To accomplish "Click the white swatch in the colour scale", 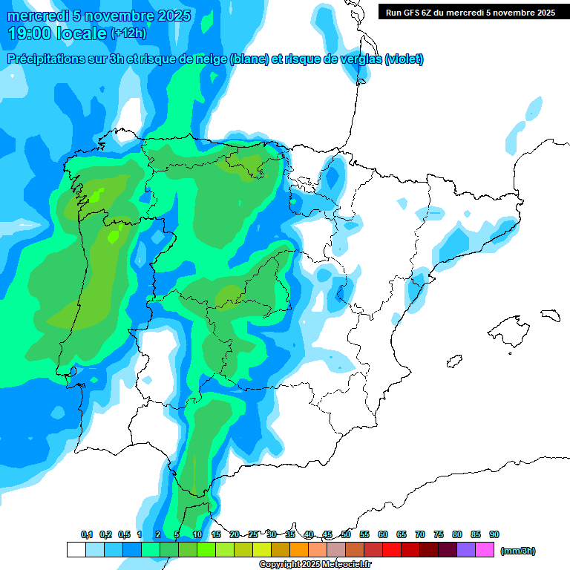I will point(76,549).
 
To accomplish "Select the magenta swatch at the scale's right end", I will point(485,549).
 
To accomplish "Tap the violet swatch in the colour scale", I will point(466,549).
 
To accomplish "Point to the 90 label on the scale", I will point(494,534).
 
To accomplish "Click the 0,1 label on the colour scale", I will point(87,534).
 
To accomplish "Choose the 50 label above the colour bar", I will point(346,534).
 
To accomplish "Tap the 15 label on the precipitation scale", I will point(216,534).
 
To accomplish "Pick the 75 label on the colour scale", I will point(439,534).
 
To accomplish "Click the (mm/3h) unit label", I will point(518,551).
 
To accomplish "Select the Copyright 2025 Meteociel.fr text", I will point(315,565).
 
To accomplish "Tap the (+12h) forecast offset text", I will point(128,33).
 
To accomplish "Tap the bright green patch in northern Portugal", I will point(113,237).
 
